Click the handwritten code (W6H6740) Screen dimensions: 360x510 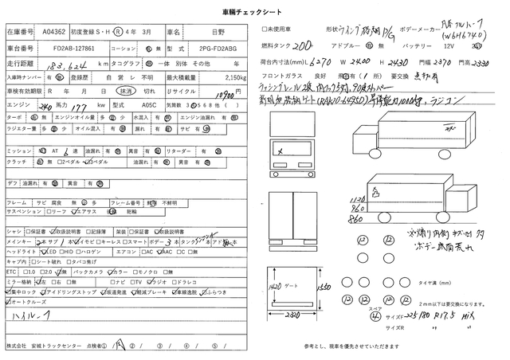click(x=465, y=37)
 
